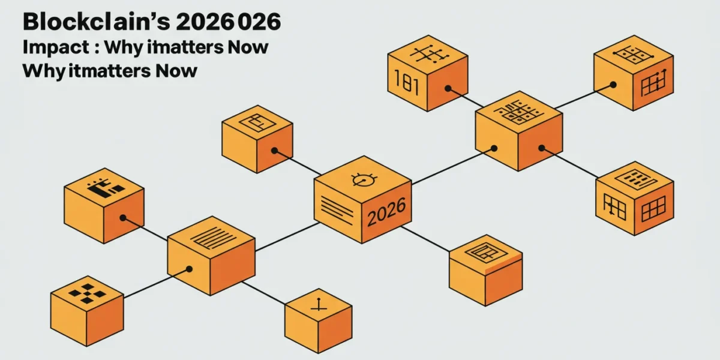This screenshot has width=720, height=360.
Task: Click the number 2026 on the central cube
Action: click(x=386, y=212)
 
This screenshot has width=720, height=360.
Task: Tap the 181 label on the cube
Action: click(x=406, y=82)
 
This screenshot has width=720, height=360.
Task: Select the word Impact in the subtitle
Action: click(x=56, y=47)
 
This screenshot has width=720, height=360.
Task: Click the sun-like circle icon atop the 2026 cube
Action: click(x=364, y=179)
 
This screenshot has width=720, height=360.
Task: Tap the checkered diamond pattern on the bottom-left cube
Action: click(x=87, y=293)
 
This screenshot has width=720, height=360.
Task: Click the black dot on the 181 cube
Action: click(x=448, y=88)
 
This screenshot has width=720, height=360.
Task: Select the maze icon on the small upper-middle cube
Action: click(x=257, y=123)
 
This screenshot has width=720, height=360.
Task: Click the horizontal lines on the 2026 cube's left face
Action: click(x=337, y=210)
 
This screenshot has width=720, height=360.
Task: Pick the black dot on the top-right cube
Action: click(x=613, y=85)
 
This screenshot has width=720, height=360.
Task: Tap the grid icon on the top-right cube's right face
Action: click(x=654, y=83)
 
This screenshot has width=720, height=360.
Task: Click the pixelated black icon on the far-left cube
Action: click(x=106, y=187)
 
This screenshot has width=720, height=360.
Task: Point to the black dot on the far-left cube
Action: click(x=123, y=218)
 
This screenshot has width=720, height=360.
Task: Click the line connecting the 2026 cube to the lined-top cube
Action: click(x=287, y=236)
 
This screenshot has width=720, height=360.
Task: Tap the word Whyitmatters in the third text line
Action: click(x=86, y=71)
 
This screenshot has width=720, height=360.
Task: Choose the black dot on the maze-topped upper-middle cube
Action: click(x=274, y=151)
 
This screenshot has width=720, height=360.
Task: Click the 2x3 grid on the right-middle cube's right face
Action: click(x=653, y=209)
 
